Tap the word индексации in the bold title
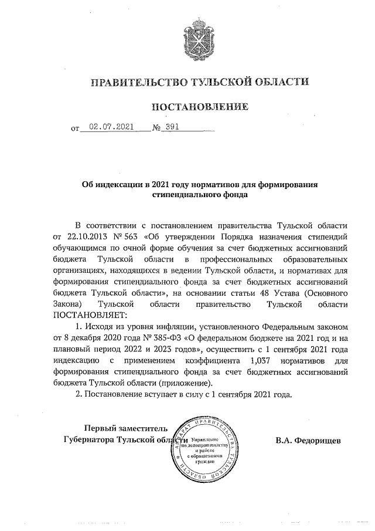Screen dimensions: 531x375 pos(120,184)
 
